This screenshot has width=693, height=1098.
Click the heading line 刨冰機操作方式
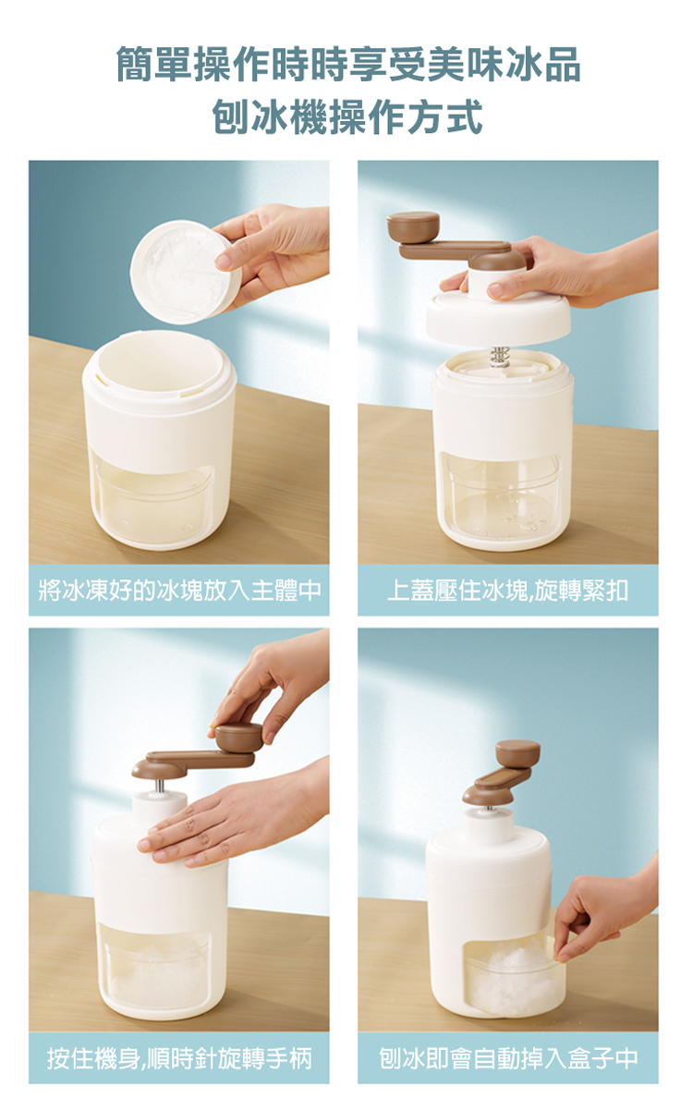347,116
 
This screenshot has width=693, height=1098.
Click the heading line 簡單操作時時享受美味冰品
348,65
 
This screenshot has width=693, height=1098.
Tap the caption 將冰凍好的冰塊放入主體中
180,591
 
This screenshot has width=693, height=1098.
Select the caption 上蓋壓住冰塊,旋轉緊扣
507,591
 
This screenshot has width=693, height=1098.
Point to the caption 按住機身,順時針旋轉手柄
179,1057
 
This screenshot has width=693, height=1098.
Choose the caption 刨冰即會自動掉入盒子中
508,1057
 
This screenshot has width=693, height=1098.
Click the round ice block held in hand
186,272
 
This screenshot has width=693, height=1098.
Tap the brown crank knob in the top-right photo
413,227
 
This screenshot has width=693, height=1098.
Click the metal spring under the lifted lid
498,357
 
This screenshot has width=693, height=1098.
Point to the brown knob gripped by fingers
238,738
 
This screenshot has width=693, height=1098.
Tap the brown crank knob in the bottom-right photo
518,753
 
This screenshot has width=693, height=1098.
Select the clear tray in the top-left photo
152,499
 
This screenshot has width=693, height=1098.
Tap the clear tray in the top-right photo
501,494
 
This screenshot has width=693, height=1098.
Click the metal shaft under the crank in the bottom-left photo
160,786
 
